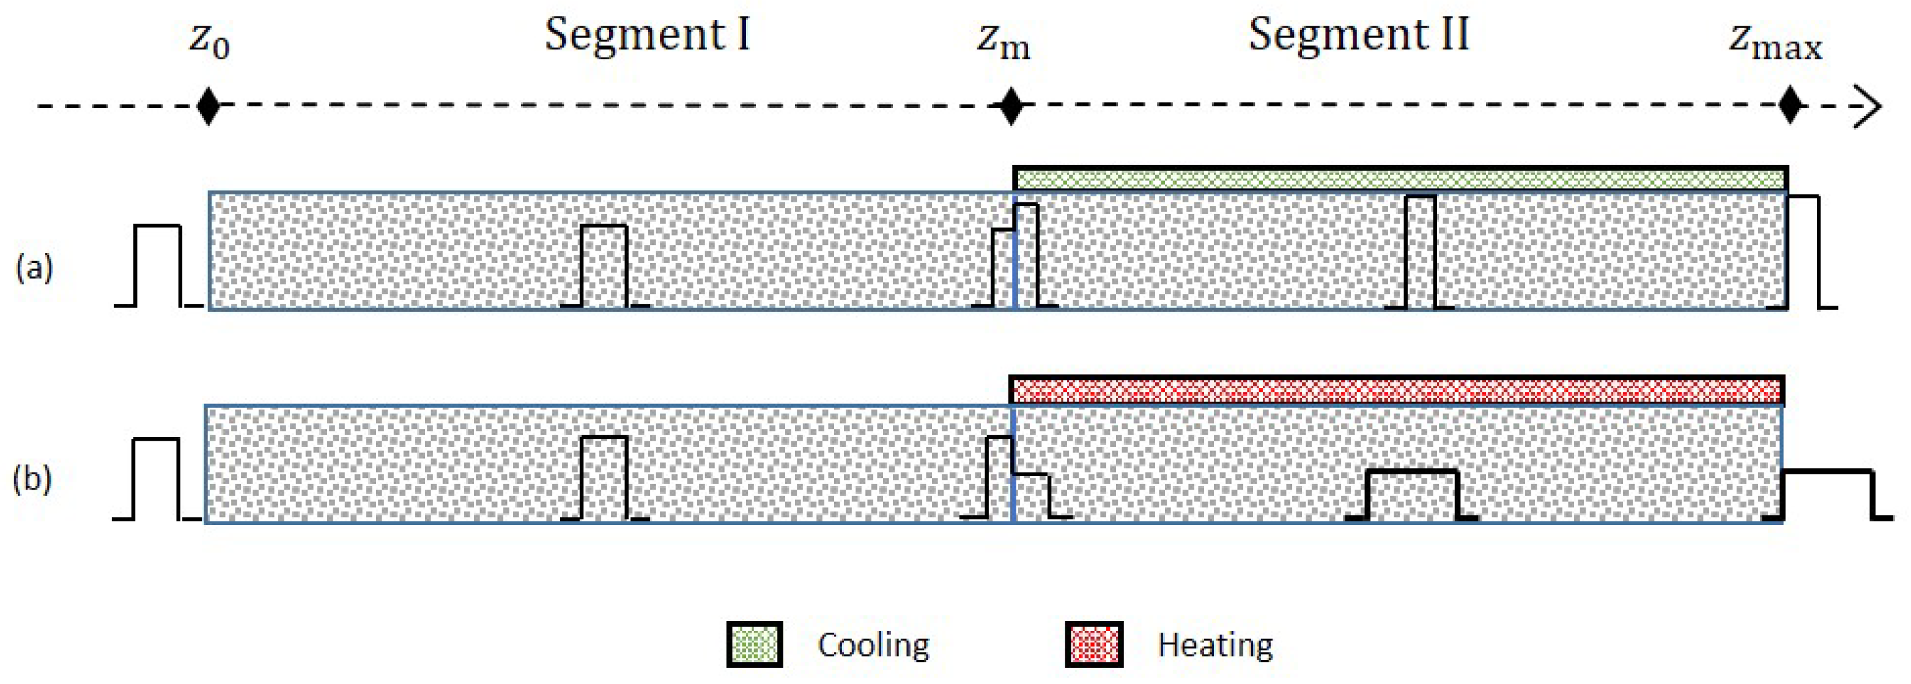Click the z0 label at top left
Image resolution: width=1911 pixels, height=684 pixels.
pyautogui.click(x=209, y=41)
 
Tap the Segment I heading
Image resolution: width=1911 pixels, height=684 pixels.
pyautogui.click(x=647, y=35)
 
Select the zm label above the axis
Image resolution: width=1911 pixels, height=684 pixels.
pyautogui.click(x=1003, y=42)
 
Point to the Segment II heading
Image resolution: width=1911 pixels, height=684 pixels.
pyautogui.click(x=1358, y=35)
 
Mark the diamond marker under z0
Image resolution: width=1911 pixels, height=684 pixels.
pyautogui.click(x=209, y=107)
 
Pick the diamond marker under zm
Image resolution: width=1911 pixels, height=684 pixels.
pyautogui.click(x=1010, y=107)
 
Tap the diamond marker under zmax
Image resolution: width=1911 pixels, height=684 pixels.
pyautogui.click(x=1791, y=107)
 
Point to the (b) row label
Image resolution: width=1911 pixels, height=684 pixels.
pyautogui.click(x=32, y=479)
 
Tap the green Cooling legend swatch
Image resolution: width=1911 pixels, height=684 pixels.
pyautogui.click(x=754, y=644)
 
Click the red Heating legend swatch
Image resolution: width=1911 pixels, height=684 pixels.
pyautogui.click(x=1093, y=644)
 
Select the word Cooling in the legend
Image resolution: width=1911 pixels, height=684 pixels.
pyautogui.click(x=873, y=645)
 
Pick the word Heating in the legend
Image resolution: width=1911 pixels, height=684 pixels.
pyautogui.click(x=1215, y=645)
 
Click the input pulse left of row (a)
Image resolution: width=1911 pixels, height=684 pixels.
pyautogui.click(x=158, y=265)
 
